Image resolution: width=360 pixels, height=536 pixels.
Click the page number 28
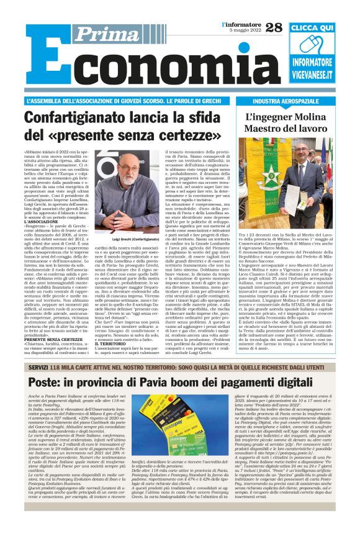274,27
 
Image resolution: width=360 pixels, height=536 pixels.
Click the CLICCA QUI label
312,29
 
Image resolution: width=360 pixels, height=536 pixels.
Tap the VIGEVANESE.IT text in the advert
313,75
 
